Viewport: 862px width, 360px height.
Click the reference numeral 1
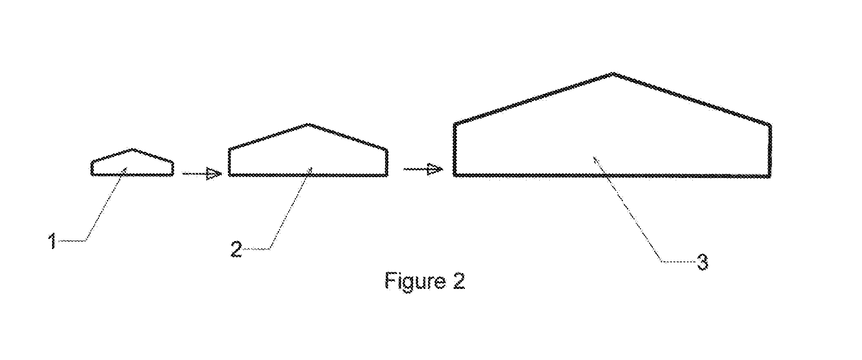[52, 241]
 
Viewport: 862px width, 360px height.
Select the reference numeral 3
[702, 263]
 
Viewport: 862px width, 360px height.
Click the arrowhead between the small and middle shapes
[214, 173]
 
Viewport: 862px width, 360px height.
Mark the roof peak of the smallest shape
[133, 149]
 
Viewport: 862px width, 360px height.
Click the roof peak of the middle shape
[308, 124]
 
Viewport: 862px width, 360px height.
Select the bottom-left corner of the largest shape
[455, 175]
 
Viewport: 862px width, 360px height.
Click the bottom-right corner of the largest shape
[770, 176]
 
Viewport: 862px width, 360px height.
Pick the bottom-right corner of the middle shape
[387, 175]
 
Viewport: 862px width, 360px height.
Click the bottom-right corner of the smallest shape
[173, 175]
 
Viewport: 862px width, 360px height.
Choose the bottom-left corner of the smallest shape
[92, 175]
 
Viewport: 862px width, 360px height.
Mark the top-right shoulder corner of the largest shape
[770, 125]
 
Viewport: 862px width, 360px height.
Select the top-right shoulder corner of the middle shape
[387, 150]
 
